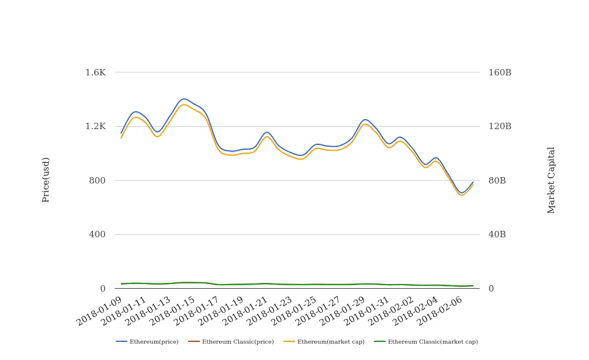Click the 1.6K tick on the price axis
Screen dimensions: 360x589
point(95,72)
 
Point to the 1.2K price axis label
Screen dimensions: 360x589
point(95,126)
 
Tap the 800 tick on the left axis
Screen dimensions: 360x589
point(97,181)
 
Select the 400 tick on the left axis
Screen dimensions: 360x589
point(97,234)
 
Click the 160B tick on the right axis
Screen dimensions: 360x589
point(500,72)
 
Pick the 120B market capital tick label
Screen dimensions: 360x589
point(500,126)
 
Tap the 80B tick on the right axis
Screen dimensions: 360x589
point(497,181)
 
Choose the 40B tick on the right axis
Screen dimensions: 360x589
point(497,234)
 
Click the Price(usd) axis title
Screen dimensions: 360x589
point(46,180)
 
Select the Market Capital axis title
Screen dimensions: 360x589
point(552,180)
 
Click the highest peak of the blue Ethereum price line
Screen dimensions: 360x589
point(184,99)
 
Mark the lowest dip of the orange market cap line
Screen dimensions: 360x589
point(462,195)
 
